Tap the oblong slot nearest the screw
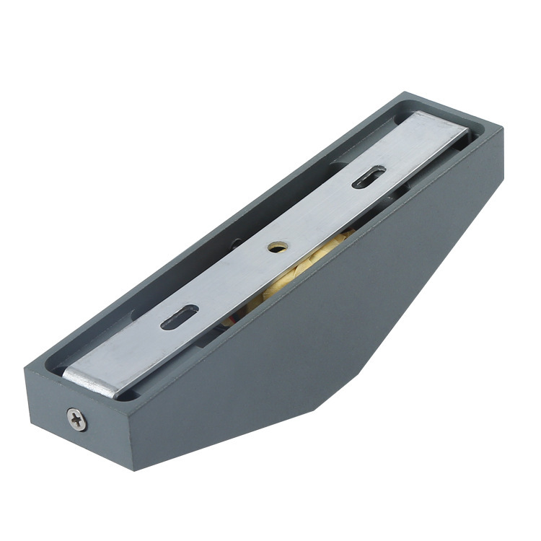180,317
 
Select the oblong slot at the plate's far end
369,177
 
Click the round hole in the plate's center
276,247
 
